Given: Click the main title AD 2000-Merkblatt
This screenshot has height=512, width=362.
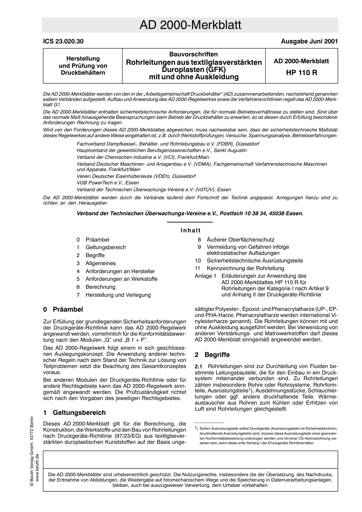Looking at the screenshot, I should click(190, 25).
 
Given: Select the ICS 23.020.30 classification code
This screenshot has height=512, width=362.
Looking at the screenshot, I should click(63, 42).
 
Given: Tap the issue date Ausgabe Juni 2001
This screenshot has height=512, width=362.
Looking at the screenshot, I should click(309, 42).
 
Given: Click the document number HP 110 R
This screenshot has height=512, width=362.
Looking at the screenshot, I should click(301, 72).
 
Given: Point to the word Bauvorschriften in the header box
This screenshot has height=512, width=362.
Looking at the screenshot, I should click(194, 54).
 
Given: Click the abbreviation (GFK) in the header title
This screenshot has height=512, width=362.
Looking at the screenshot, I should click(215, 70).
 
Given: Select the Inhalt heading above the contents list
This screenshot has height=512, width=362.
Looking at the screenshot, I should click(190, 230).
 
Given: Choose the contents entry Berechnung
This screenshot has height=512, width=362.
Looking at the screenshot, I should click(100, 287).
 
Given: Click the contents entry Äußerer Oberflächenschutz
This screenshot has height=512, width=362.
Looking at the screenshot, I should click(240, 240).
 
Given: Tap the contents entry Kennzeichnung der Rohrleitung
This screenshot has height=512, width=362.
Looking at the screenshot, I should click(245, 268).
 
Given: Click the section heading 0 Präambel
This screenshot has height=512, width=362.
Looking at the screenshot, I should click(63, 309).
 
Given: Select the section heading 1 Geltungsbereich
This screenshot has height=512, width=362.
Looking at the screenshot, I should click(74, 413).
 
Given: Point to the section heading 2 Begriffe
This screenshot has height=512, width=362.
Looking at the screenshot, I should click(212, 355).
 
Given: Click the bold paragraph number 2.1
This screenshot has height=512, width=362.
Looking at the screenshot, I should click(199, 366).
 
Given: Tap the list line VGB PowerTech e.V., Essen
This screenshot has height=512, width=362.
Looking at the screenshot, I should click(108, 183).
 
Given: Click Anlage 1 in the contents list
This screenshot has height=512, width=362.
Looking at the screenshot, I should click(205, 276).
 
